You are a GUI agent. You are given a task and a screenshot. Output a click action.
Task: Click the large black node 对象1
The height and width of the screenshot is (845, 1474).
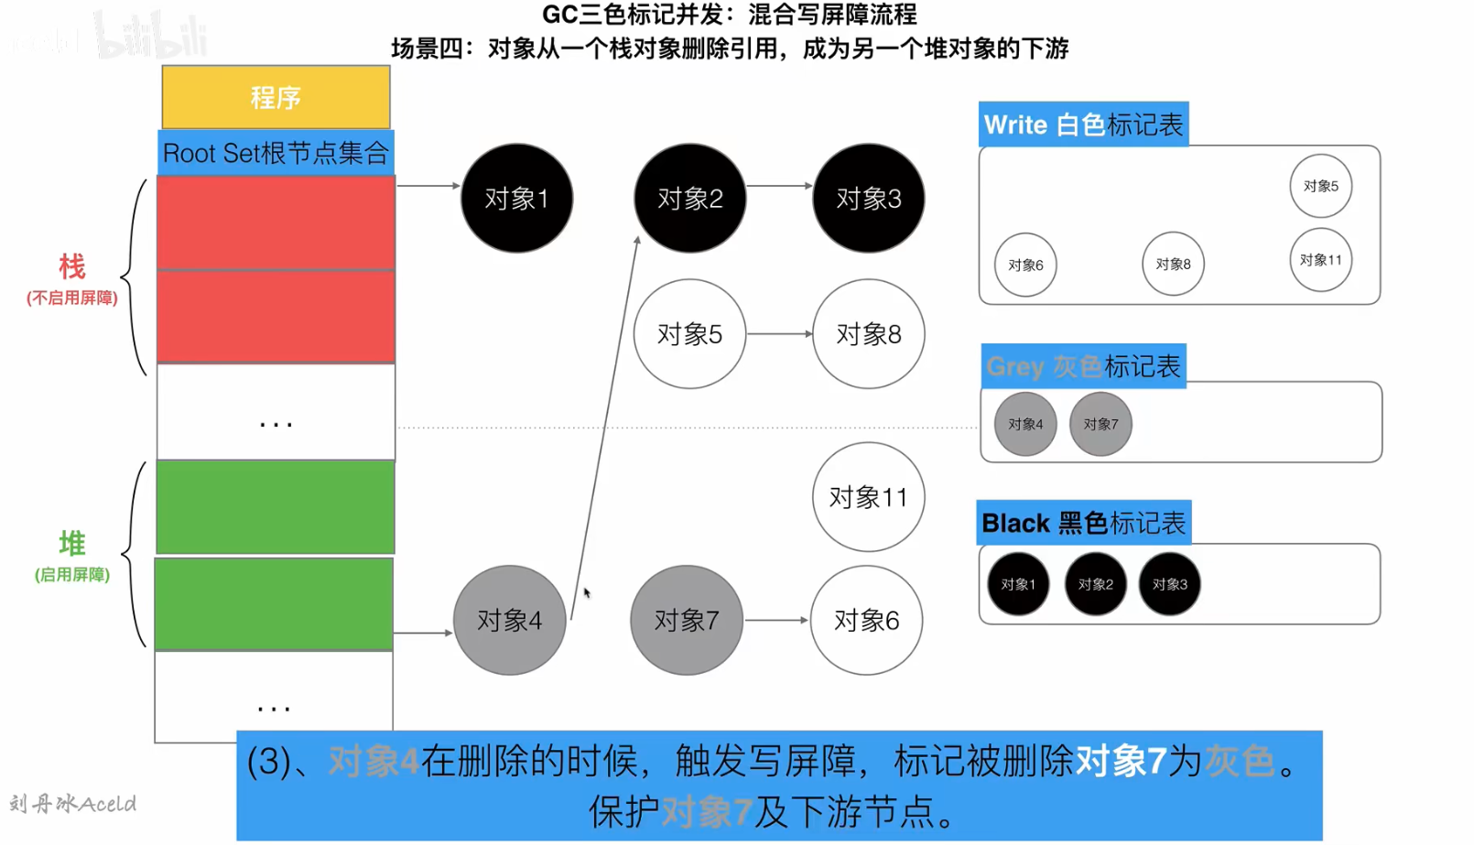tap(516, 198)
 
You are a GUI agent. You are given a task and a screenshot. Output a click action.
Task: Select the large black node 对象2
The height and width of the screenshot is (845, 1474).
tap(689, 198)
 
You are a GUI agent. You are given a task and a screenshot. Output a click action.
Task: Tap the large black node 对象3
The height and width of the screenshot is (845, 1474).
tap(868, 198)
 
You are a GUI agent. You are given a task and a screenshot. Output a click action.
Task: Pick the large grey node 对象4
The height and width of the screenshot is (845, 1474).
tap(509, 620)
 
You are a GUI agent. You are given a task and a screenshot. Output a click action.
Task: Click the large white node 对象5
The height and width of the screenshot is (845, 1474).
tap(689, 333)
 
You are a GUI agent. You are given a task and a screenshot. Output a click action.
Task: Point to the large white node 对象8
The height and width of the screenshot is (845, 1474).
tap(868, 333)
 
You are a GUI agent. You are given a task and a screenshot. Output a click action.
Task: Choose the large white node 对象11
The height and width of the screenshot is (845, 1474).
tap(868, 496)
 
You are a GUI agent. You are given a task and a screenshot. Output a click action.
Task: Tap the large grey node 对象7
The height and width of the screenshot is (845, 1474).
tap(686, 620)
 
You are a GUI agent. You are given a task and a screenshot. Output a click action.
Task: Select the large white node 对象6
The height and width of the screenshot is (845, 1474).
tap(866, 620)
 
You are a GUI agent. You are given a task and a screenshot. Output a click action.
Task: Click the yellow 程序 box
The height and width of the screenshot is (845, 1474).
tap(276, 97)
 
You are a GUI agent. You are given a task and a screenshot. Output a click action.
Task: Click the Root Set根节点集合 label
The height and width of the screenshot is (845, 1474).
tap(276, 153)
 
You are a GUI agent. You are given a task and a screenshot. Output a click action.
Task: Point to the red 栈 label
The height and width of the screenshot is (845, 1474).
tap(71, 266)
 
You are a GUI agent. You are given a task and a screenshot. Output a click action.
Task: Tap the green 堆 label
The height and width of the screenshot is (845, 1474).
tap(71, 543)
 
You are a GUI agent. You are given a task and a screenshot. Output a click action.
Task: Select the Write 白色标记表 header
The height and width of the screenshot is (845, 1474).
tap(1083, 125)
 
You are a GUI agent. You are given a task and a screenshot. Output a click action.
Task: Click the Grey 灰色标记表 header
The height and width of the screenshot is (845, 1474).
tap(1083, 366)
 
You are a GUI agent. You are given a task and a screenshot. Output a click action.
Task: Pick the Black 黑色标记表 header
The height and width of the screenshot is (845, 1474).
tap(1083, 523)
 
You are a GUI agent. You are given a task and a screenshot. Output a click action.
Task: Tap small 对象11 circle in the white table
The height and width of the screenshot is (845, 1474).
tap(1320, 260)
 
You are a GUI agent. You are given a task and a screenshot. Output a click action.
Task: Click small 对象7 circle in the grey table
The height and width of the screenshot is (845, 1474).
tap(1100, 424)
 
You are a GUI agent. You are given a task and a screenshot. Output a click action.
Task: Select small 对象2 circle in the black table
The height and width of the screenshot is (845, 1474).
tap(1095, 584)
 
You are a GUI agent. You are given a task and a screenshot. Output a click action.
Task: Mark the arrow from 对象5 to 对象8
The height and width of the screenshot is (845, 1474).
tap(778, 334)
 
